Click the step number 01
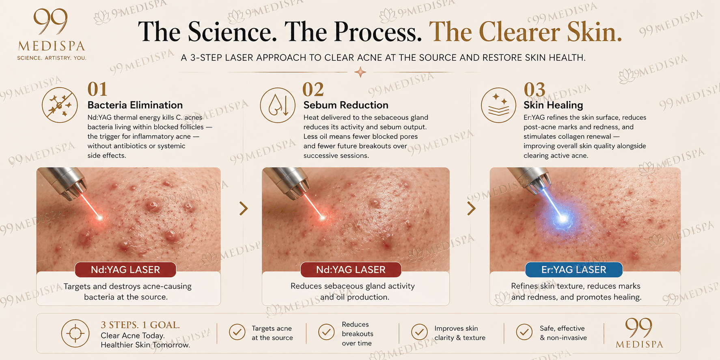(x=97, y=89)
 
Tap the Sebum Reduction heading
(x=345, y=105)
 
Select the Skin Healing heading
(x=553, y=105)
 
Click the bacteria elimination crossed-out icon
(x=60, y=105)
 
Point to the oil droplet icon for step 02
(x=278, y=105)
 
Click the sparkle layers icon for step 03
(x=498, y=105)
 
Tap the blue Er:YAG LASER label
(x=573, y=270)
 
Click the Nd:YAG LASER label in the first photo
(x=125, y=270)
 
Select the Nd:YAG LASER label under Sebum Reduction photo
(x=351, y=270)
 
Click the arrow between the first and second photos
(x=244, y=208)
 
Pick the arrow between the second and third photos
(x=471, y=208)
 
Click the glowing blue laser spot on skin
(x=563, y=219)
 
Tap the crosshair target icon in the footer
(x=75, y=333)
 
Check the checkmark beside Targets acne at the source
(x=237, y=332)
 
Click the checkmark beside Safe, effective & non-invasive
(x=524, y=332)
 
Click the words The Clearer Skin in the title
(x=525, y=32)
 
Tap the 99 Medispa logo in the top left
(x=52, y=34)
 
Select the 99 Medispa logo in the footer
(x=639, y=333)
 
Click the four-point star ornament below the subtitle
(x=360, y=72)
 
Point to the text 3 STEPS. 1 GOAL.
(x=140, y=325)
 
